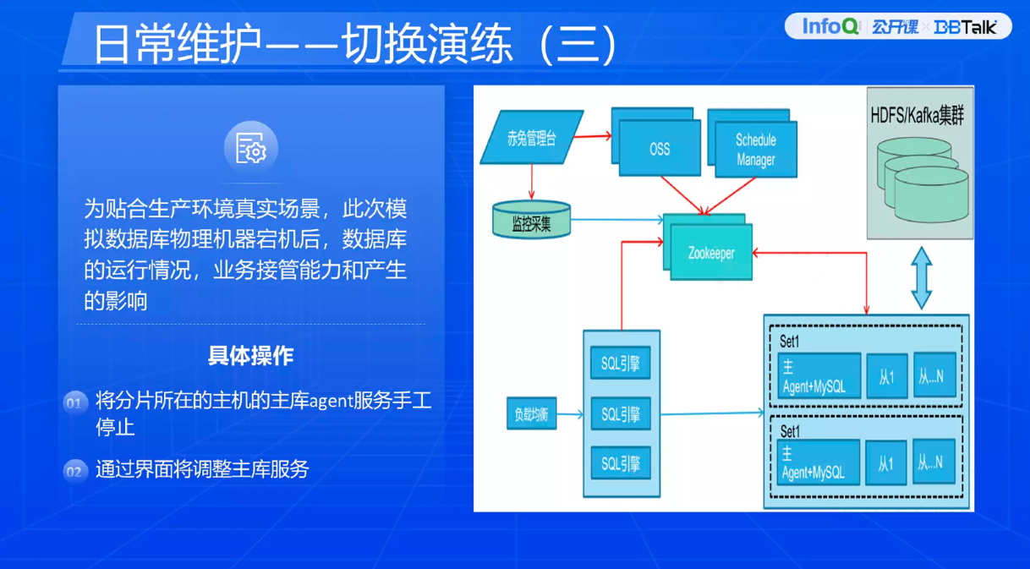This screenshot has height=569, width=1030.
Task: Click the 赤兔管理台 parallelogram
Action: pyautogui.click(x=531, y=137)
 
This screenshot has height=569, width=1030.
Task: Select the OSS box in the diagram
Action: pyautogui.click(x=660, y=148)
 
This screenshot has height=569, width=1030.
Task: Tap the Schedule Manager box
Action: pyautogui.click(x=755, y=150)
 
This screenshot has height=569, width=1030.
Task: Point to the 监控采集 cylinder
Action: pyautogui.click(x=531, y=222)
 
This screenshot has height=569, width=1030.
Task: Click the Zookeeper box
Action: pyautogui.click(x=711, y=252)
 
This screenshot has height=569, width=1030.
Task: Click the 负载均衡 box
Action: pyautogui.click(x=531, y=414)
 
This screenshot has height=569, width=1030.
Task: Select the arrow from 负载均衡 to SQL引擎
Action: pyautogui.click(x=570, y=414)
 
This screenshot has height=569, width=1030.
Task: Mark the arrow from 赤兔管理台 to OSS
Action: pyautogui.click(x=596, y=135)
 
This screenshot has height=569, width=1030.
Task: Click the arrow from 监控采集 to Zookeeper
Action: pyautogui.click(x=617, y=221)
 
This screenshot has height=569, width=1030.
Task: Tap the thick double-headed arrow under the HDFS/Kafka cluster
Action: pyautogui.click(x=921, y=277)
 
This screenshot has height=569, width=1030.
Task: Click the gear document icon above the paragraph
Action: pyautogui.click(x=251, y=149)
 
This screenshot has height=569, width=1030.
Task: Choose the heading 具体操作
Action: pyautogui.click(x=251, y=355)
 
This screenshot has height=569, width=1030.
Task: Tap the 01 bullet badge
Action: pyautogui.click(x=74, y=402)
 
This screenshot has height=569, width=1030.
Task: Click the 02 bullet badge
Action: pyautogui.click(x=74, y=471)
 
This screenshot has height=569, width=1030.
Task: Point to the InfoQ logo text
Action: pyautogui.click(x=830, y=26)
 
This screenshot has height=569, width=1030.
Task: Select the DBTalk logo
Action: pyautogui.click(x=965, y=27)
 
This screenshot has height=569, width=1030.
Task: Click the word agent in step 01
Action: pyautogui.click(x=331, y=401)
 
